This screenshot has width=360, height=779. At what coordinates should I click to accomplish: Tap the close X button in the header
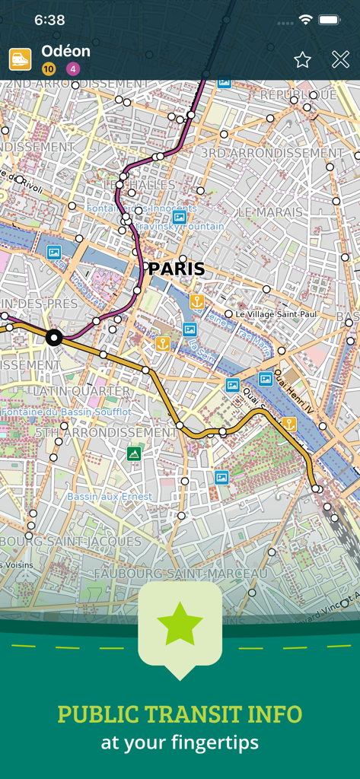click(x=340, y=60)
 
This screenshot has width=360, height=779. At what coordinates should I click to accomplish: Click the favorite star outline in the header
click(x=302, y=60)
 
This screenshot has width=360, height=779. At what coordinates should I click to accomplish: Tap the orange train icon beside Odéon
click(x=20, y=59)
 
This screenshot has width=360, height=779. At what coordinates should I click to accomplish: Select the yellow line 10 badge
click(x=49, y=69)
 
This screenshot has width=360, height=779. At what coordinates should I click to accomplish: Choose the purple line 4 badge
click(x=73, y=69)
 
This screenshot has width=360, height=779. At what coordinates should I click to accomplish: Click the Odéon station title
click(x=65, y=51)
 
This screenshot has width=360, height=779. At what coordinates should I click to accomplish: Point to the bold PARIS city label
click(x=177, y=269)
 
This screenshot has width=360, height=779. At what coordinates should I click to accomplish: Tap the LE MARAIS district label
click(x=271, y=211)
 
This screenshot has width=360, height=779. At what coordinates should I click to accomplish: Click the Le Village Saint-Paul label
click(x=275, y=313)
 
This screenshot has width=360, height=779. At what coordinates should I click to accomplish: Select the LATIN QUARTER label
click(x=80, y=390)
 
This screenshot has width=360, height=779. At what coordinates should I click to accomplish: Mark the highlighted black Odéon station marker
click(x=53, y=338)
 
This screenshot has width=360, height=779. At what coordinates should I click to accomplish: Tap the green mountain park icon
click(x=134, y=454)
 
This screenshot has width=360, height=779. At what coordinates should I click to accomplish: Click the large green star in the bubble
click(x=180, y=624)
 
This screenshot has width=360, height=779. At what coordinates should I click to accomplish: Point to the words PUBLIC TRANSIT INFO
click(x=180, y=714)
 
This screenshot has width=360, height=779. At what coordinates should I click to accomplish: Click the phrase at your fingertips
click(x=180, y=742)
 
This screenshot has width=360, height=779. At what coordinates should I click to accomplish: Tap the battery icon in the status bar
click(x=329, y=20)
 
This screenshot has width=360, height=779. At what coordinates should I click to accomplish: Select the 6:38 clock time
click(x=49, y=20)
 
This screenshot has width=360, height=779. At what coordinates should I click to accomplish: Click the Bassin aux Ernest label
click(x=110, y=496)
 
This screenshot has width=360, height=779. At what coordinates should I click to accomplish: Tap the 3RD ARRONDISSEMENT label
click(x=272, y=153)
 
